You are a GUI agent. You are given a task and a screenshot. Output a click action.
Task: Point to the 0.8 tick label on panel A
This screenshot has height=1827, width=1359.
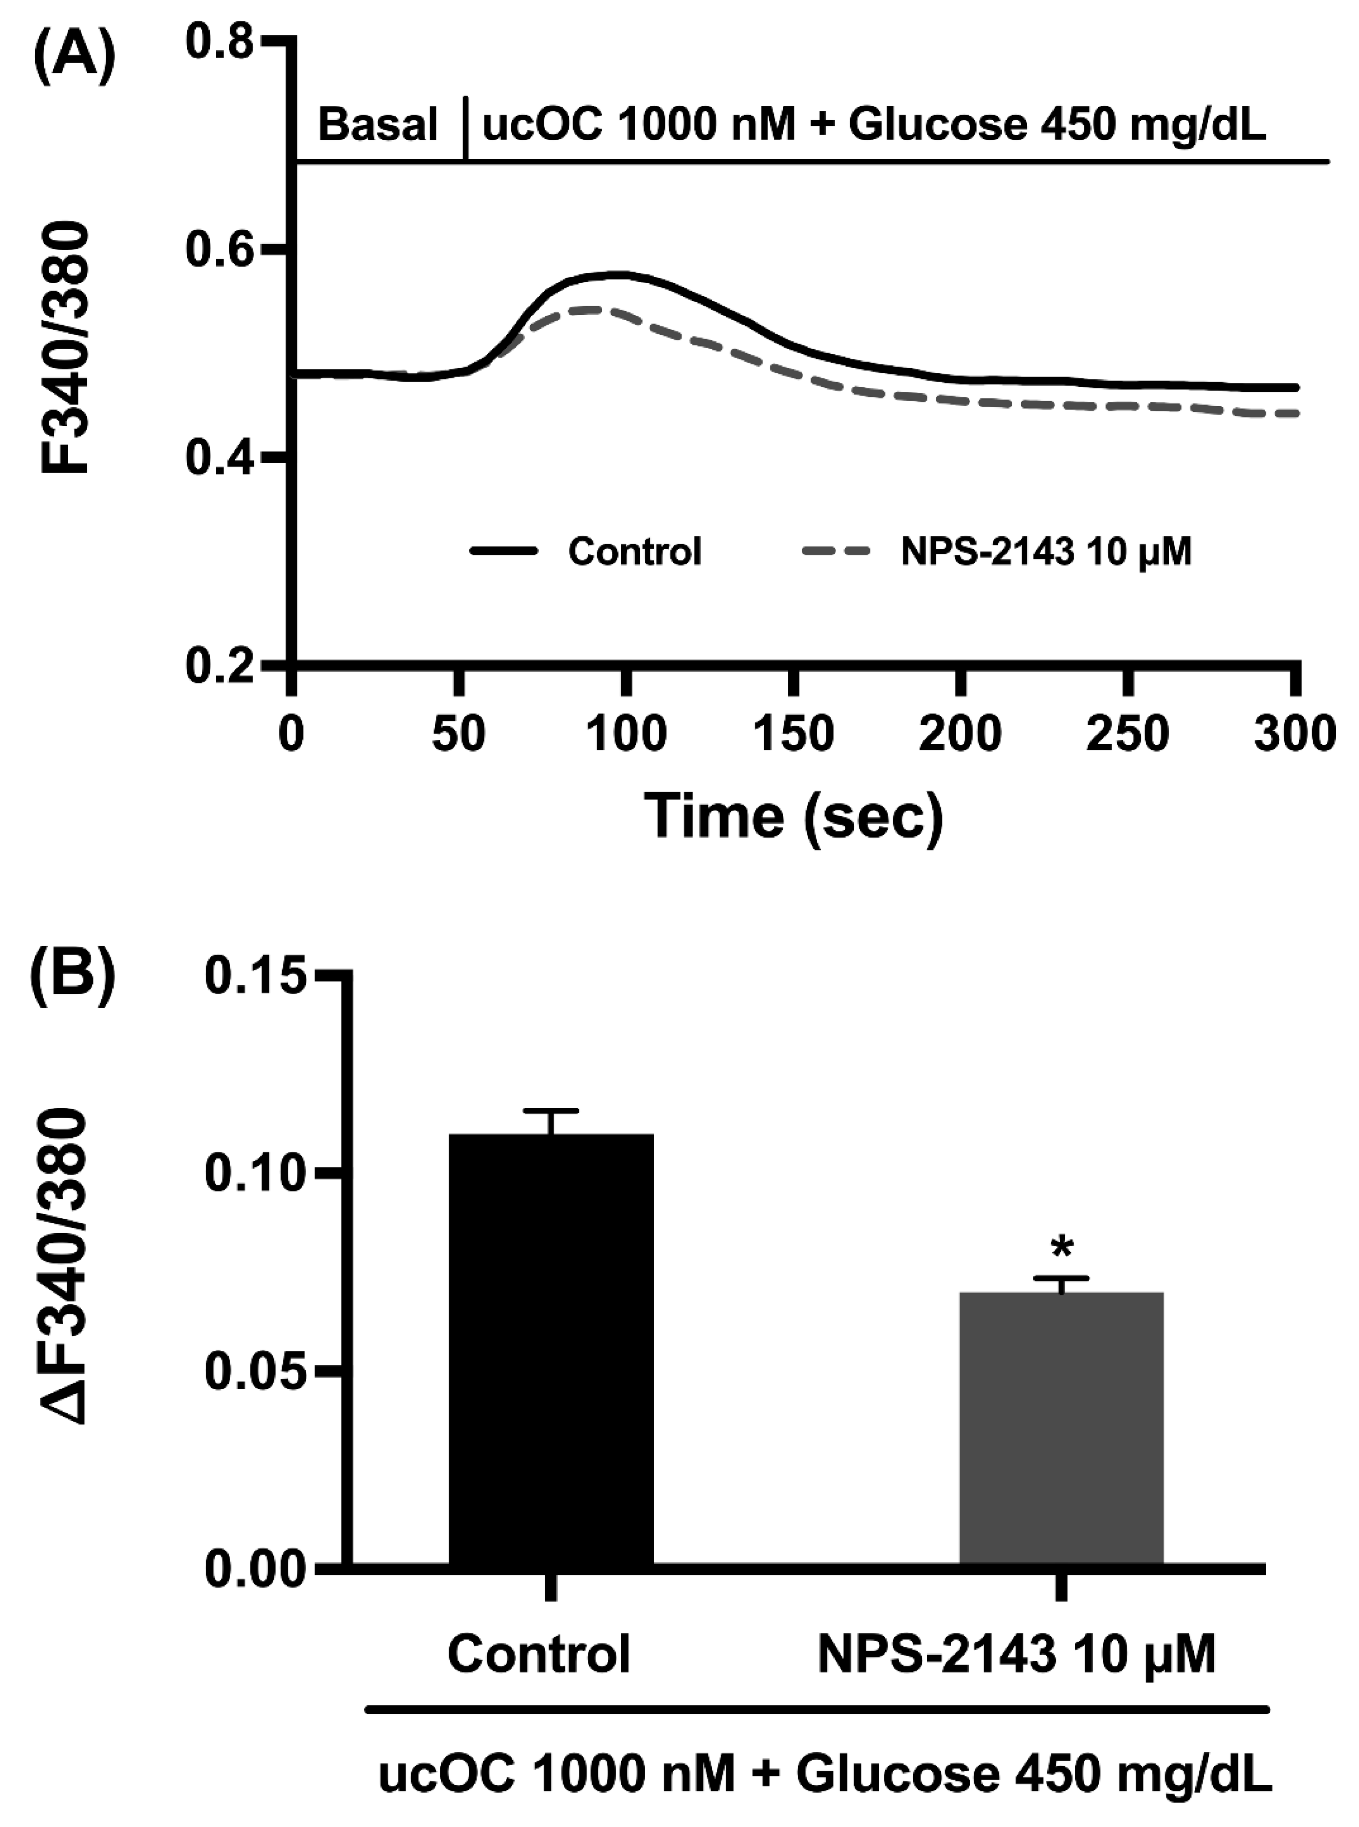click(x=220, y=43)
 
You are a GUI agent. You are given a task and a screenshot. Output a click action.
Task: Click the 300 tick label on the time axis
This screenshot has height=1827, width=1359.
click(x=1293, y=734)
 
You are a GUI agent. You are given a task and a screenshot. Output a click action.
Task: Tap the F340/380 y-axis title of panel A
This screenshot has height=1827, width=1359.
click(x=66, y=350)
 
